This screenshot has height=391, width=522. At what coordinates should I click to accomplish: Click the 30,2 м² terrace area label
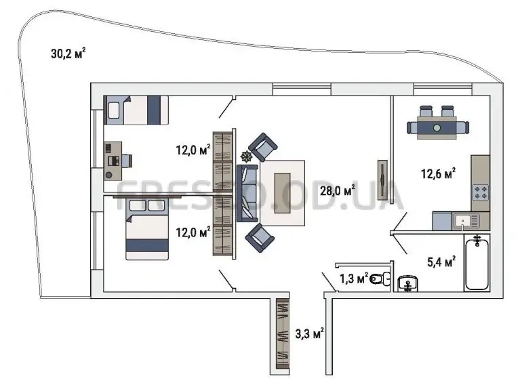68,54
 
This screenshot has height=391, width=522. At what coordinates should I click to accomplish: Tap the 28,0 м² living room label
337,190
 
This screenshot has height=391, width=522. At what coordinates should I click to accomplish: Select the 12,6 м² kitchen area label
438,173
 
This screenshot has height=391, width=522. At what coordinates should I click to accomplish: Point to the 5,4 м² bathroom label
441,262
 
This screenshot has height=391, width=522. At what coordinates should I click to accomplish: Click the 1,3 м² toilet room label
354,279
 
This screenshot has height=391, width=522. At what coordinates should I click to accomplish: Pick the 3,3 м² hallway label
310,333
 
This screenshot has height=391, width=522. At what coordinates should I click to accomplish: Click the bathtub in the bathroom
477,262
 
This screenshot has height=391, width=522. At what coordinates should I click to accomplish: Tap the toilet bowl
380,279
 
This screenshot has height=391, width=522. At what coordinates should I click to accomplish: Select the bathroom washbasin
408,284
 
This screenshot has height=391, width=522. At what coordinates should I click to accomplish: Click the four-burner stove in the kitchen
481,192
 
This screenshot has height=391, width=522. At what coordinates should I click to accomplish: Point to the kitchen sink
466,221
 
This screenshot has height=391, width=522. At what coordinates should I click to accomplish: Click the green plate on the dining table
437,128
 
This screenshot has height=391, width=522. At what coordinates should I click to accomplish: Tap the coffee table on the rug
282,193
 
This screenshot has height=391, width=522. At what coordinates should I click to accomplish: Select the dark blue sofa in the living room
247,193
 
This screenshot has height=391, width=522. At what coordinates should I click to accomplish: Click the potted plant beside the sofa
247,156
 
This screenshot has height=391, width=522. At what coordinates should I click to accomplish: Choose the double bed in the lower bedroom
147,229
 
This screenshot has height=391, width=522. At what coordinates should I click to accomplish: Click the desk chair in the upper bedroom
127,161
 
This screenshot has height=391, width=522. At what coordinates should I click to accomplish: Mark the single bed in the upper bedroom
136,110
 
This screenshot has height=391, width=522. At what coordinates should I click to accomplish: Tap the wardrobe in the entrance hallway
283,333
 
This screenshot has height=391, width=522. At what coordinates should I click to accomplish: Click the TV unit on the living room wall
382,180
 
